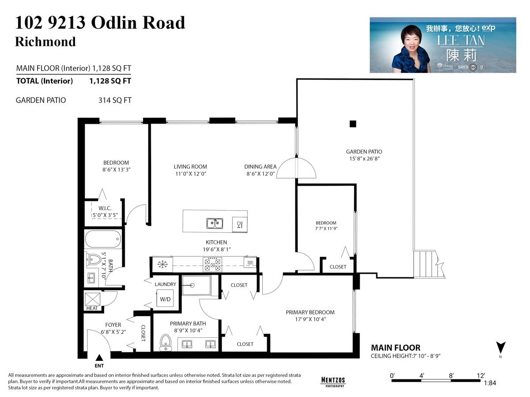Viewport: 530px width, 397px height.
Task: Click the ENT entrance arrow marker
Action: point(99,358)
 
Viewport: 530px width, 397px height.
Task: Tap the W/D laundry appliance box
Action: point(165,299)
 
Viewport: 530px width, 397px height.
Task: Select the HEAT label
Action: point(92,308)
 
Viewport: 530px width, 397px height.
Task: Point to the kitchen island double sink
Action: point(214,223)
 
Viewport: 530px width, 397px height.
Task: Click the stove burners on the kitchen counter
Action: point(212,264)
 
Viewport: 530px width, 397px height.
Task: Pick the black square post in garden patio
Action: point(352,124)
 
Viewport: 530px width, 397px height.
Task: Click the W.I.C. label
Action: point(105,208)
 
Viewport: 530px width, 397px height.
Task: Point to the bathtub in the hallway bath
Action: point(102,239)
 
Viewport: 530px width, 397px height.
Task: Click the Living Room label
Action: point(190,166)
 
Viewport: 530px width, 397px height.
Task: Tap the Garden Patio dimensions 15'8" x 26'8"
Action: point(364,158)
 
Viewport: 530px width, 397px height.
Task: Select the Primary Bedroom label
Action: point(310,312)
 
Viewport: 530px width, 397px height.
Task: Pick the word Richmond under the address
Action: point(45,42)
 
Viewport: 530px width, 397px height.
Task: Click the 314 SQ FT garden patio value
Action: point(115,100)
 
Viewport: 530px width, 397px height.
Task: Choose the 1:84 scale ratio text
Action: point(489,383)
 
